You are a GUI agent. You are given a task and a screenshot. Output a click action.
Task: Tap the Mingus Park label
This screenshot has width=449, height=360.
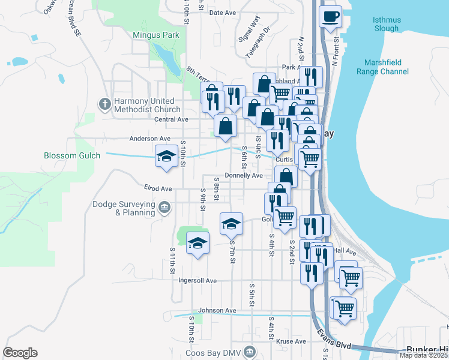[x=156, y=35]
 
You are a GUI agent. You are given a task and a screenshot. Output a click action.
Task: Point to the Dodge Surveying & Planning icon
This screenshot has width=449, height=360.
[x=165, y=208]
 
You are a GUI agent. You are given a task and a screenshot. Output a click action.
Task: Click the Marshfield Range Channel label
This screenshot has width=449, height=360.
[x=386, y=67]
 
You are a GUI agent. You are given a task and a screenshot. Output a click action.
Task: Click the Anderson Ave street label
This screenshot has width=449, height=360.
[x=150, y=139]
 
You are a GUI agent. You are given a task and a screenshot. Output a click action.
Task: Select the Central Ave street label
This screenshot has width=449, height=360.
[x=171, y=119]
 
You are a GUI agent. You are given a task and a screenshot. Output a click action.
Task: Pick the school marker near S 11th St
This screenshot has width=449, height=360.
[x=197, y=243]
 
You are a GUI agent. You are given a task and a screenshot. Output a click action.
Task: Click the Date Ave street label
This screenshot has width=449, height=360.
[x=221, y=13]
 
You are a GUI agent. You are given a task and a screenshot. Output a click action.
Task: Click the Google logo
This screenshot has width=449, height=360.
[x=20, y=352]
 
